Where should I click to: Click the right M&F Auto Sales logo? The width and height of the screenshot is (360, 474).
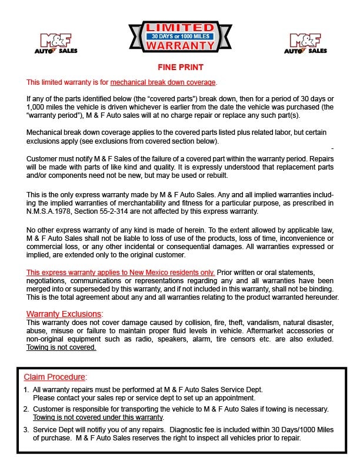[x=305, y=44]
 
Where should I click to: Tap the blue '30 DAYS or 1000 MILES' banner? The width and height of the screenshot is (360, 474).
[x=179, y=36]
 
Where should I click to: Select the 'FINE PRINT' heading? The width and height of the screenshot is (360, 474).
[x=179, y=68]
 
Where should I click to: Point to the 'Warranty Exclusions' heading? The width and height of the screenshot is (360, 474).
[x=64, y=314]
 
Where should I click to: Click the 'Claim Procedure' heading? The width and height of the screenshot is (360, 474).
[x=55, y=377]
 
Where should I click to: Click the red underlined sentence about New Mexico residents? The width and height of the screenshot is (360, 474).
[x=121, y=273]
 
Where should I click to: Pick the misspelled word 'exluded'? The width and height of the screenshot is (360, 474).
[x=320, y=339]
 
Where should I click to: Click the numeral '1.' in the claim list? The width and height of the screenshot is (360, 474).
[x=26, y=390]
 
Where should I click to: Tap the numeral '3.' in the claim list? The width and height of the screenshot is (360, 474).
[x=26, y=430]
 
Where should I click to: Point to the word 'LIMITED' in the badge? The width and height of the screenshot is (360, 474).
[x=179, y=27]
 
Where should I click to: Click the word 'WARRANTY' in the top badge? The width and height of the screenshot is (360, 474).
[x=179, y=45]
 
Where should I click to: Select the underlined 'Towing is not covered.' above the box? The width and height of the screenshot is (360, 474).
[x=61, y=347]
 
